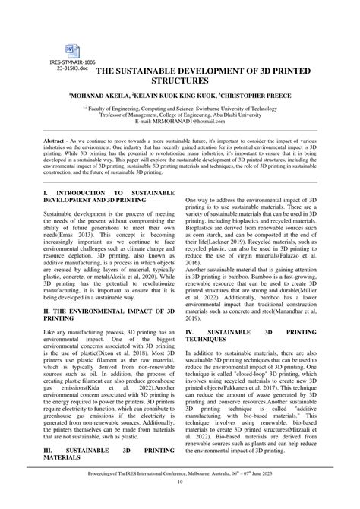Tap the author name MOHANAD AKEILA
coord(115,96)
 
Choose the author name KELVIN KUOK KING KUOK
coord(185,96)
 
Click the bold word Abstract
coord(57,142)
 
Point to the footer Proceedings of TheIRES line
coord(180,492)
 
